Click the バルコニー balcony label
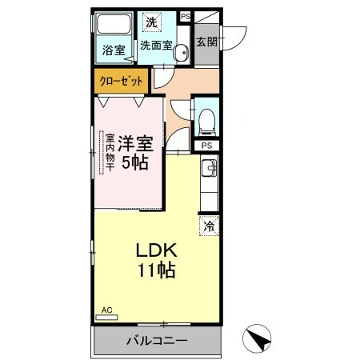point(156,341)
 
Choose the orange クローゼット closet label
point(122,80)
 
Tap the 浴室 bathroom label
point(113,50)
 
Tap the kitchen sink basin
point(208,168)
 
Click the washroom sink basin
point(180,53)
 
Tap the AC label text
point(106,309)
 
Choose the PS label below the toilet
point(206,146)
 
